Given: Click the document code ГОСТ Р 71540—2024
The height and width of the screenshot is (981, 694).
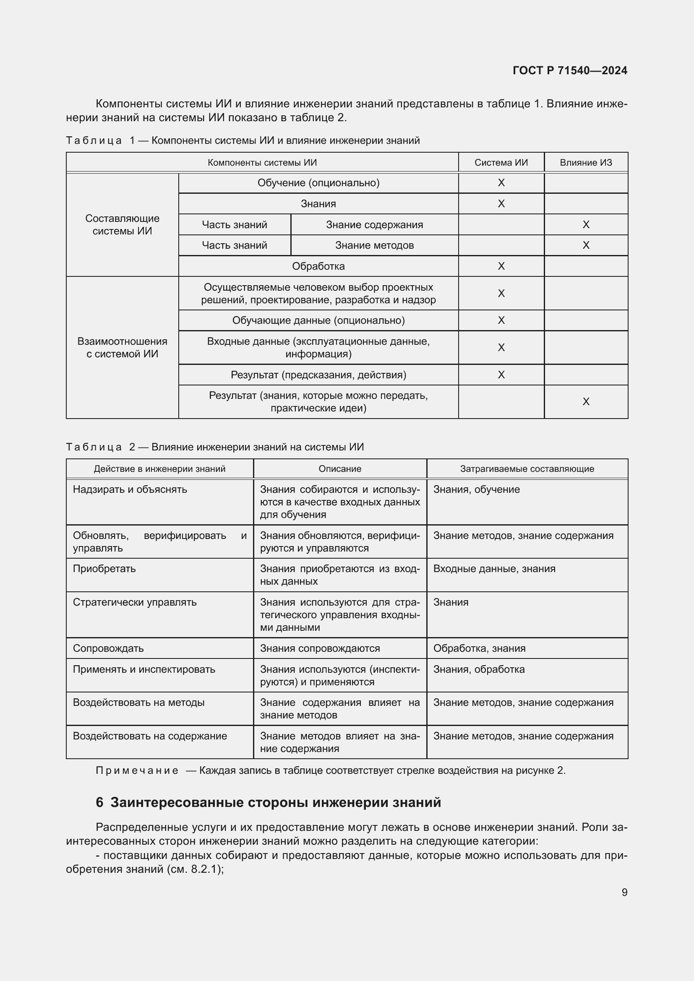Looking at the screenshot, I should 570,70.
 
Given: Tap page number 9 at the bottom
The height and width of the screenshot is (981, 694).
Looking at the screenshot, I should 624,892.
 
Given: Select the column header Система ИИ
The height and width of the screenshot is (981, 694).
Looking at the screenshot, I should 501,162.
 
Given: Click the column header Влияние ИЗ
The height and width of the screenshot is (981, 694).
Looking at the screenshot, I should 586,162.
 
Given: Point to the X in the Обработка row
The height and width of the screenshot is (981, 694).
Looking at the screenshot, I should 501,266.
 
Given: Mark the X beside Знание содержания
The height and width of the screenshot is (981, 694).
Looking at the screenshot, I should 586,225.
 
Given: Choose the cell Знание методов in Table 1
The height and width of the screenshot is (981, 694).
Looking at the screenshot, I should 374,245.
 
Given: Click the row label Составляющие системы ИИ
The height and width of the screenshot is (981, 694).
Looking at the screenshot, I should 122,225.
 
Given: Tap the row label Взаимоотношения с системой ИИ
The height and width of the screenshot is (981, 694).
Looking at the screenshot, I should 122,347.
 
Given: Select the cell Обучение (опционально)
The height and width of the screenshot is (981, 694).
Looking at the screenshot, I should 318,183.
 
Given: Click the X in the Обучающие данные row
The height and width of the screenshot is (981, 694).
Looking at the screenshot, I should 501,320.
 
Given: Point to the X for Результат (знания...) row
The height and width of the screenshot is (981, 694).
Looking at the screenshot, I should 586,402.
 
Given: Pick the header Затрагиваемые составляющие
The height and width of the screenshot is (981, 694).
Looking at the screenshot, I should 527,469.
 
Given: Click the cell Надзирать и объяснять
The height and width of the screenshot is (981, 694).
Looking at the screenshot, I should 130,489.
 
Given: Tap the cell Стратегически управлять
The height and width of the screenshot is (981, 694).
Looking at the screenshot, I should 135,602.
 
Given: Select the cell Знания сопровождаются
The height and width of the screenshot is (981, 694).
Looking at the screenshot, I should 320,648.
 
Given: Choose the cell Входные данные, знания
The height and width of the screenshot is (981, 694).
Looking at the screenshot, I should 494,569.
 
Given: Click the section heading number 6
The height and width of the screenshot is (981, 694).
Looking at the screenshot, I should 99,803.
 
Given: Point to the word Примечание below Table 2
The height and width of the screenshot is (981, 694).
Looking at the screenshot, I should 137,770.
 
